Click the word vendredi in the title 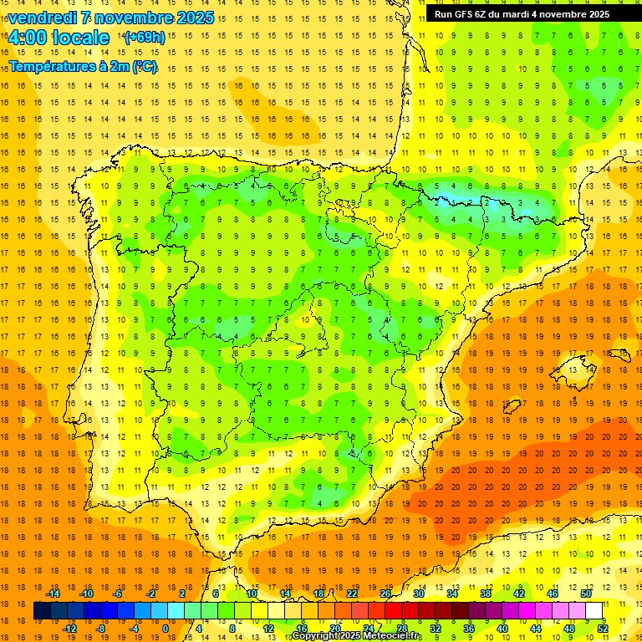click(43, 18)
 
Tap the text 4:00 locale click(59, 38)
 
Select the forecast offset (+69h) click(144, 38)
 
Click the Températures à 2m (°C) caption click(83, 66)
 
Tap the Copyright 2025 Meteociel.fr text click(356, 636)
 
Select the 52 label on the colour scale click(603, 629)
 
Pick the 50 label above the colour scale click(586, 594)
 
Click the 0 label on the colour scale click(166, 629)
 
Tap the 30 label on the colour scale click(418, 594)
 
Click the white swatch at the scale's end click(594, 610)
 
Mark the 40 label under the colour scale click(502, 629)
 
